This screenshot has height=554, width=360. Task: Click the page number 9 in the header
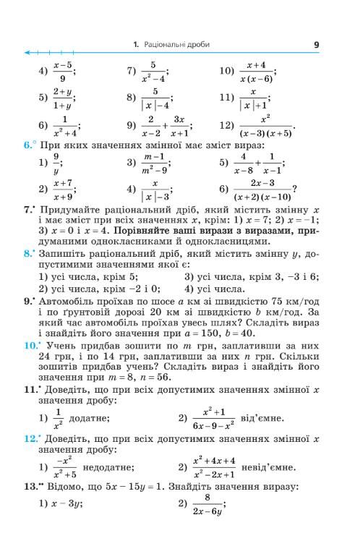click(x=316, y=45)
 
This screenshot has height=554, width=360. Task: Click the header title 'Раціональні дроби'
click(x=176, y=45)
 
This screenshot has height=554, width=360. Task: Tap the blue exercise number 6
click(x=25, y=145)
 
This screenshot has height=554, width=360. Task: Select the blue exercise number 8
click(x=26, y=254)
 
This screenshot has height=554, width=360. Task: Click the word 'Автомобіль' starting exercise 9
click(x=64, y=299)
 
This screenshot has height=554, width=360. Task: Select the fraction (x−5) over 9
click(x=64, y=72)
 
